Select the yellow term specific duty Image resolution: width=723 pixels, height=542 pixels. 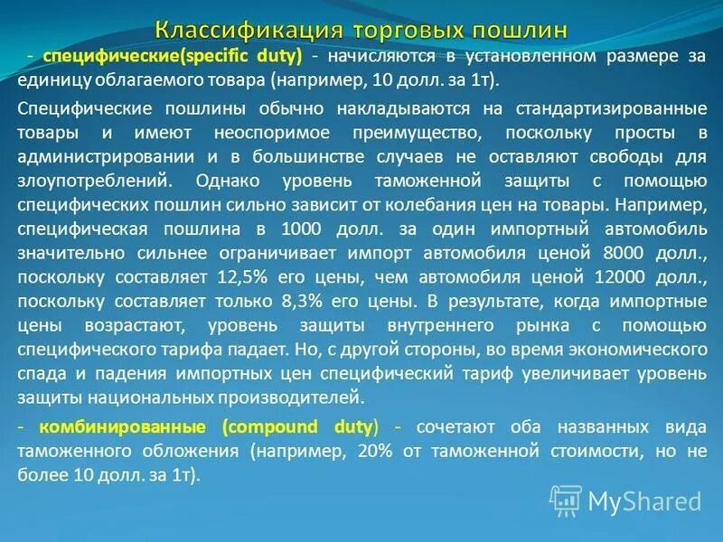pyautogui.click(x=244, y=56)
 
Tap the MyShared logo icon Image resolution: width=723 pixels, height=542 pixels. pyautogui.click(x=567, y=500)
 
